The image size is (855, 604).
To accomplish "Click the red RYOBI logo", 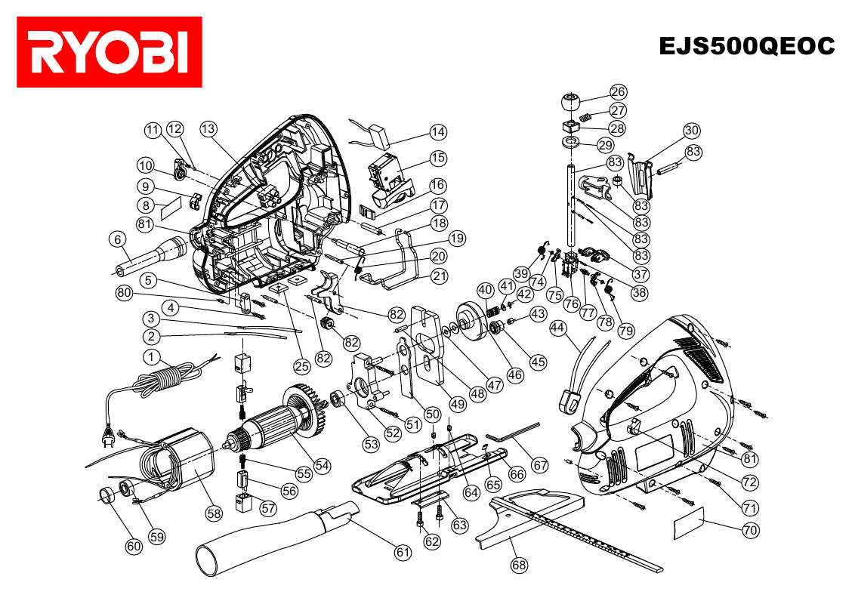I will (x=110, y=51).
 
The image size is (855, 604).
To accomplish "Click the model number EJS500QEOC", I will (x=746, y=46).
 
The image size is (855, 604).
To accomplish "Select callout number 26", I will (x=619, y=92).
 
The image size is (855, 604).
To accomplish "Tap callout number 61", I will (x=403, y=552).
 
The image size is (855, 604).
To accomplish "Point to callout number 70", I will (x=750, y=530).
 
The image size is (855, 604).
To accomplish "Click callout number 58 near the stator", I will (x=215, y=513).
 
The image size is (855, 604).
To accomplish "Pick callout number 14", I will (x=438, y=131).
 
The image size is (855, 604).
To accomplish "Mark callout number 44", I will (x=558, y=328).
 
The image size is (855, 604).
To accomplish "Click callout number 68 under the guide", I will (x=519, y=563).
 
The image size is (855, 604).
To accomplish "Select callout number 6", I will (x=118, y=239).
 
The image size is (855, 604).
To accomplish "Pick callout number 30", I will (x=693, y=129).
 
